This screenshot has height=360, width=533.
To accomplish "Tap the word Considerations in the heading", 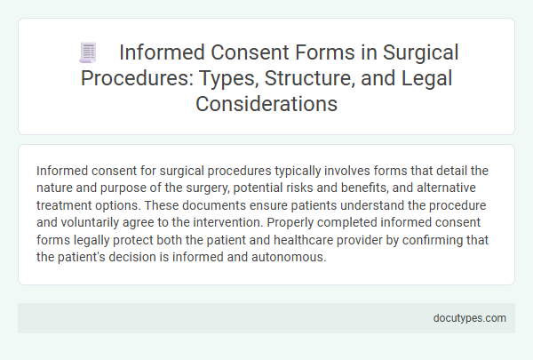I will pos(266,103).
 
